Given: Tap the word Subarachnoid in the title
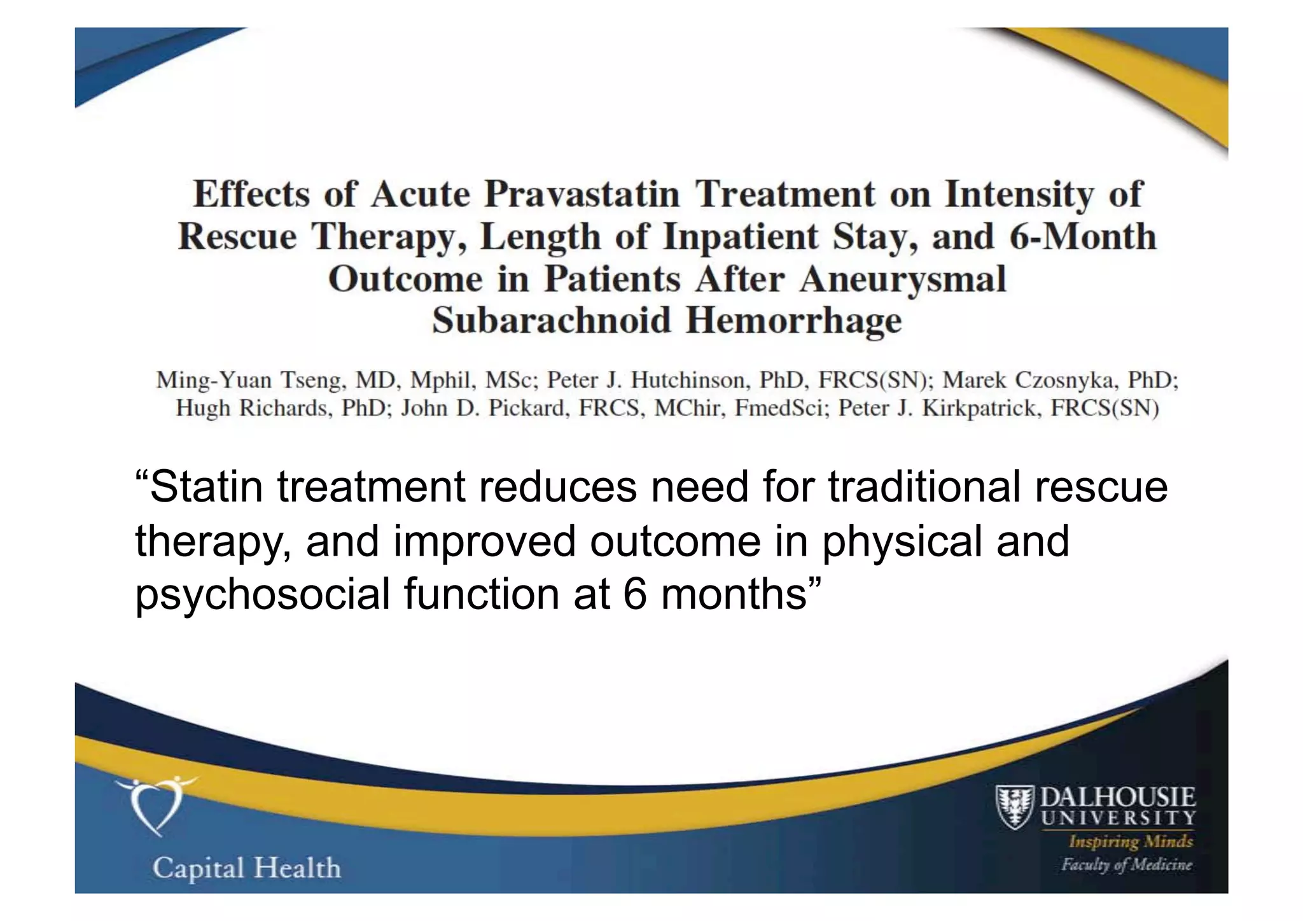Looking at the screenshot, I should [552, 320].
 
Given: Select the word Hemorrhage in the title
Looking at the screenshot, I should [793, 321].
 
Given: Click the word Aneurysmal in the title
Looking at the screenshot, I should [903, 279].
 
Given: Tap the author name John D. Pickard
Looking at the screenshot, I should [484, 408].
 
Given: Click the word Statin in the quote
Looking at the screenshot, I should [206, 487].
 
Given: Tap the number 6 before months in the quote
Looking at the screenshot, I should [635, 594].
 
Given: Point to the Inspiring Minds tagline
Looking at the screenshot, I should [1131, 841].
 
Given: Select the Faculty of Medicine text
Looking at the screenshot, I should [1126, 864].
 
